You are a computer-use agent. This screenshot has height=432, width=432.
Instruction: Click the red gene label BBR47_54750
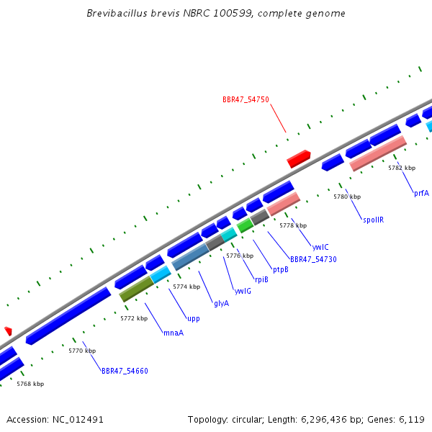(x=246, y=99)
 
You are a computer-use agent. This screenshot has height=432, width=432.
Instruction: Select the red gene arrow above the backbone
(x=298, y=159)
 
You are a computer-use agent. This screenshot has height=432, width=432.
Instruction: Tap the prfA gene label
(x=421, y=193)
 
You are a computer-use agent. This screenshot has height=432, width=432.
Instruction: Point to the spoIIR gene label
(x=373, y=220)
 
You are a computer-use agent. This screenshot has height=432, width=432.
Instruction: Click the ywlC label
(x=320, y=247)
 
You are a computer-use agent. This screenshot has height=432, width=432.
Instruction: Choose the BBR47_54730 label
(x=313, y=259)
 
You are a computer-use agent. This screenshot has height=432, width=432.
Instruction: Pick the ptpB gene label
(x=281, y=269)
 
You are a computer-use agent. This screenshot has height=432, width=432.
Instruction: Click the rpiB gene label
(x=261, y=279)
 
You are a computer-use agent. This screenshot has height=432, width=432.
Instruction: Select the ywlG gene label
(x=243, y=291)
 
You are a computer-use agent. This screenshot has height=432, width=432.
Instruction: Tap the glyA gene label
(x=221, y=303)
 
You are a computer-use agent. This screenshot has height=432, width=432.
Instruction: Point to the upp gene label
(x=194, y=318)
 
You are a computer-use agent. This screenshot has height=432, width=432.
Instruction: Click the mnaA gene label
(x=174, y=333)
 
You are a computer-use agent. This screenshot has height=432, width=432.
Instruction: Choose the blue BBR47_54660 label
(x=125, y=371)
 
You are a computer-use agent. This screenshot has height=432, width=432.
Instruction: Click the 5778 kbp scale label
(x=293, y=225)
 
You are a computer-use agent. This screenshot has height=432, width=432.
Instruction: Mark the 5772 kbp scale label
(x=134, y=318)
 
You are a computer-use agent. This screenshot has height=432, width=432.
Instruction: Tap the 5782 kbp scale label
(x=402, y=168)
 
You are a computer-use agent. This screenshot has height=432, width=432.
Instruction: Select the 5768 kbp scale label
(x=30, y=384)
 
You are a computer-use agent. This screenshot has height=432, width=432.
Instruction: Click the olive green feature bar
(x=136, y=288)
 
